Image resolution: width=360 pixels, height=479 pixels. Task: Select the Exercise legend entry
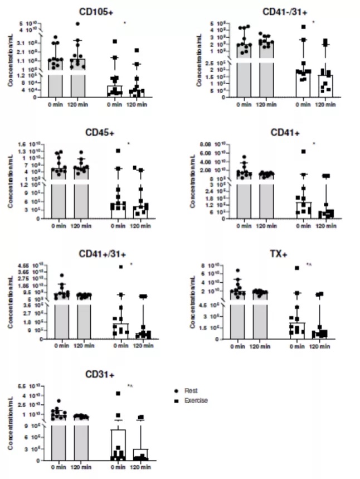(195, 400)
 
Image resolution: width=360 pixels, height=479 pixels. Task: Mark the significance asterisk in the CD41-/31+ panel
(314, 22)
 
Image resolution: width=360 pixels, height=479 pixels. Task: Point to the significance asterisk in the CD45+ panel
(128, 144)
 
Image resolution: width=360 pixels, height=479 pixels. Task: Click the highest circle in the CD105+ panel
(77, 24)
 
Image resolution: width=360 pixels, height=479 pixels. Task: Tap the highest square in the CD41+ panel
(304, 151)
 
